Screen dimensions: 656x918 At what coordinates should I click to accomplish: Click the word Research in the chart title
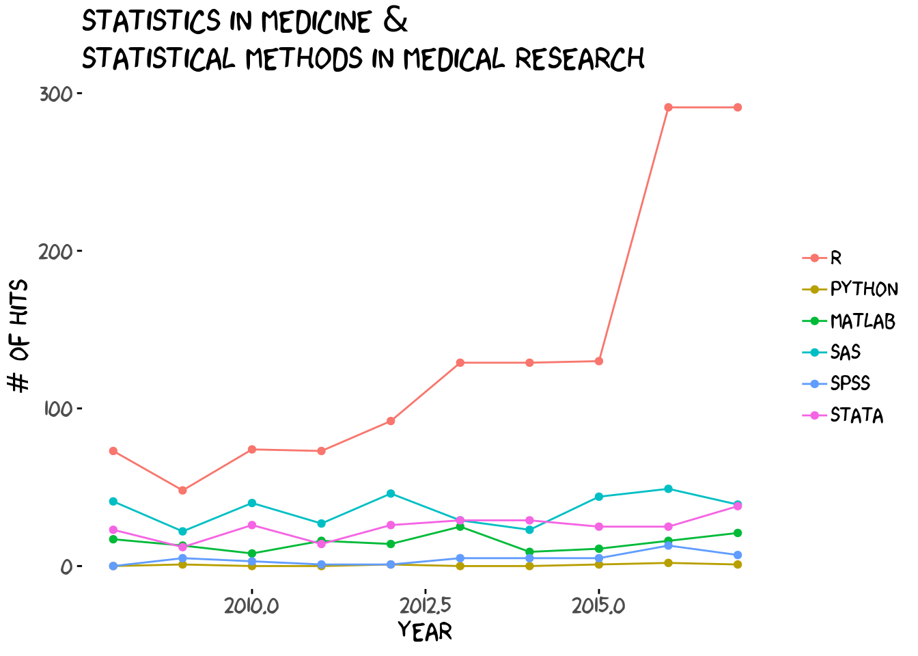tap(579, 59)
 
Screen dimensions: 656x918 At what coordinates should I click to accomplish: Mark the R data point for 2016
tap(668, 107)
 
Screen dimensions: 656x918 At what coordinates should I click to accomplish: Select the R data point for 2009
tap(182, 491)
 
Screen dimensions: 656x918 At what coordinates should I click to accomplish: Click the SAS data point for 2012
tap(391, 493)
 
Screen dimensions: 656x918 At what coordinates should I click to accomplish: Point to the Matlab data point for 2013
tap(460, 527)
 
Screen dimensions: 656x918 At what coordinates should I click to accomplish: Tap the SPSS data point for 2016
tap(668, 545)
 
